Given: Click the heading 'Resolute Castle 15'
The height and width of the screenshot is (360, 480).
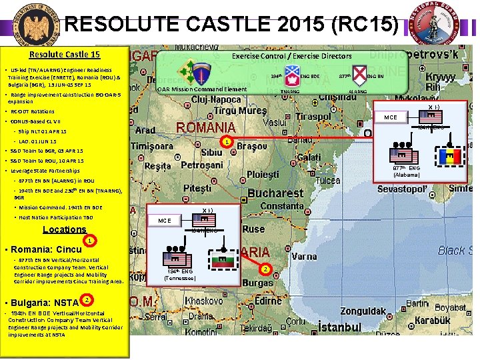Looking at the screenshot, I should click(65, 55).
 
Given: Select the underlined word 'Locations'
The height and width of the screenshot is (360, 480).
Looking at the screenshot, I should click(64, 229).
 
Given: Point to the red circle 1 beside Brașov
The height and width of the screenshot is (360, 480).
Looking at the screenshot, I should click(227, 142).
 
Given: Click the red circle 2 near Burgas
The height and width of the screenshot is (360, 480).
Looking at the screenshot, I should click(265, 269).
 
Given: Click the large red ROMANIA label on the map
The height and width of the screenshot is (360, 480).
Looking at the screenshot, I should click(205, 127).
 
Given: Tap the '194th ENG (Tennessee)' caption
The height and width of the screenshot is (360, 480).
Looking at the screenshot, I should click(180, 275).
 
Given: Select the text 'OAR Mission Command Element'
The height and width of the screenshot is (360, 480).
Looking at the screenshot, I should click(201, 89).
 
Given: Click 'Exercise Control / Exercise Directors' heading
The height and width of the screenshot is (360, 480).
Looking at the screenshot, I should click(291, 56).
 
